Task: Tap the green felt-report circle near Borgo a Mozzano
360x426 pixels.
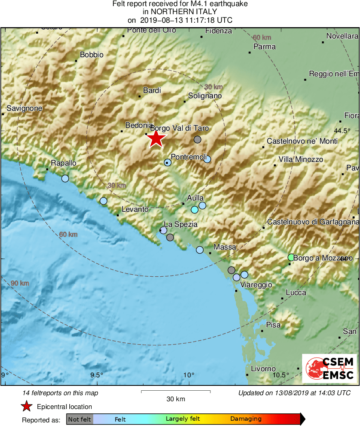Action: [x=291, y=257]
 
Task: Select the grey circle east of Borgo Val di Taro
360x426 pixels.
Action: [x=197, y=140]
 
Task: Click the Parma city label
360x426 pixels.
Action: [x=264, y=47]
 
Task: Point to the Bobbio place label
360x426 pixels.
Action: [x=92, y=55]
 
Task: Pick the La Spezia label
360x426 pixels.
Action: [x=180, y=224]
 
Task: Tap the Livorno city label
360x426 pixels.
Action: [x=263, y=369]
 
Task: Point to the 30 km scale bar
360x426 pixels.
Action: [x=176, y=392]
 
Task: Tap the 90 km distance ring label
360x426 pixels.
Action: [x=19, y=283]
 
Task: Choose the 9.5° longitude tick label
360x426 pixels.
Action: [x=96, y=374]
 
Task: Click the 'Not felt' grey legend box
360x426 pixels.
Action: [x=80, y=419]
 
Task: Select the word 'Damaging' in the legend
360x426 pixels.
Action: [x=246, y=419]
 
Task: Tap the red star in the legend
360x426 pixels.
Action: [x=27, y=406]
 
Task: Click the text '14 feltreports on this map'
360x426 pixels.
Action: [x=60, y=393]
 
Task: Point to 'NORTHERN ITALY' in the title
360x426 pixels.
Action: [x=180, y=12]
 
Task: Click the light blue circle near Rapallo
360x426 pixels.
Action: [x=65, y=179]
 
